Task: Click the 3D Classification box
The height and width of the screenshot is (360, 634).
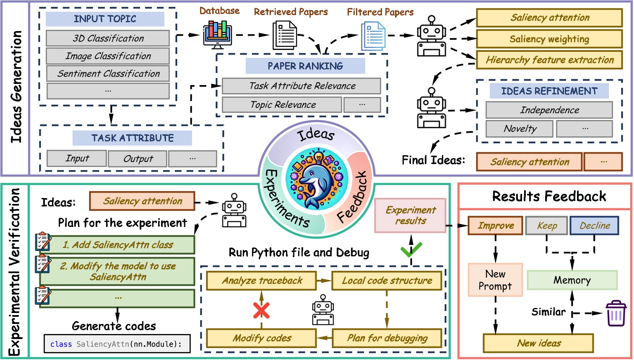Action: tap(108, 38)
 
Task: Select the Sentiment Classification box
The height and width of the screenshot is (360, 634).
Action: tap(108, 73)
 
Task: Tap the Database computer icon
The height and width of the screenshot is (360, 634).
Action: tap(217, 34)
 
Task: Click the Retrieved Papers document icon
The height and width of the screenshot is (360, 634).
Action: tap(285, 35)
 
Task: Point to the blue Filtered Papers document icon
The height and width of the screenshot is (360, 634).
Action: tap(373, 36)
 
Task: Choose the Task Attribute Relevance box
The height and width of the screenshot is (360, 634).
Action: tap(301, 86)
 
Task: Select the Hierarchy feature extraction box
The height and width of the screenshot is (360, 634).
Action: tap(549, 60)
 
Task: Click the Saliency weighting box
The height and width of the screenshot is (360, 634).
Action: tap(549, 39)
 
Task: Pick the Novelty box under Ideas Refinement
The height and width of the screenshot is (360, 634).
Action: tap(520, 129)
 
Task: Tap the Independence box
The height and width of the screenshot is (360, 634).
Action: tap(549, 110)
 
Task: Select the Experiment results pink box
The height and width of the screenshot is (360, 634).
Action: tap(410, 215)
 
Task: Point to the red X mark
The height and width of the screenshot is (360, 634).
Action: tap(261, 310)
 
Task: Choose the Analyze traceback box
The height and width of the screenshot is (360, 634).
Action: tap(262, 281)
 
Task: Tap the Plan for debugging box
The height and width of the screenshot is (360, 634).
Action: tap(387, 338)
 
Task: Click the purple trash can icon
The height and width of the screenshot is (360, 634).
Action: tap(616, 313)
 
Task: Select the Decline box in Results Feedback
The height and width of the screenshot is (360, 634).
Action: tap(594, 226)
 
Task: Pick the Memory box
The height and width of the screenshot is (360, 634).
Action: tap(572, 280)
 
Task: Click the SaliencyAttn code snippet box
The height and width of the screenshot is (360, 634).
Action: tap(117, 344)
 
